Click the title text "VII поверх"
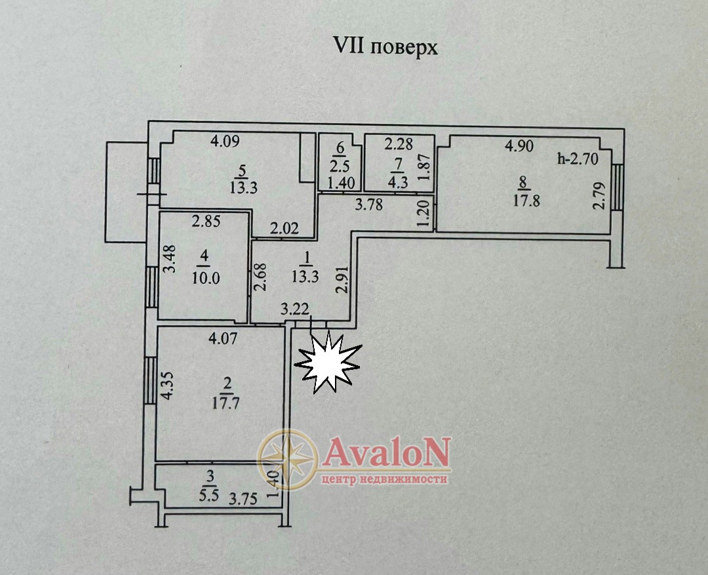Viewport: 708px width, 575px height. (385, 48)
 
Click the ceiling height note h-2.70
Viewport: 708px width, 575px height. (576, 157)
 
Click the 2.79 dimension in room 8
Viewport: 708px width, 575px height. (598, 195)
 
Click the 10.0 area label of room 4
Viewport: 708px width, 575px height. (206, 277)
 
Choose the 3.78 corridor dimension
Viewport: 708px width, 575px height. (369, 205)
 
